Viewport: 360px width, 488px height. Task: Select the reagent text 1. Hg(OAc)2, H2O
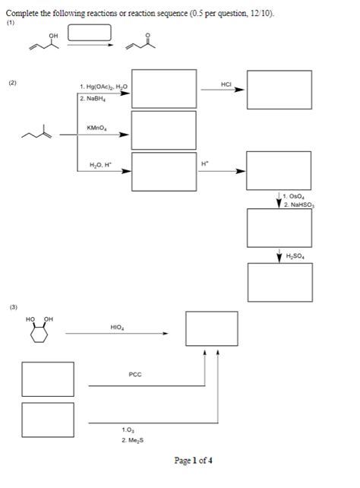coord(103,87)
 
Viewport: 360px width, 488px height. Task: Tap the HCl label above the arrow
coord(226,82)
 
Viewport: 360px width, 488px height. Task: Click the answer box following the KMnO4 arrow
coord(163,130)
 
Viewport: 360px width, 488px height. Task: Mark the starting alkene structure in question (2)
coord(36,135)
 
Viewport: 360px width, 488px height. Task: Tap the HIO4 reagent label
coord(117,328)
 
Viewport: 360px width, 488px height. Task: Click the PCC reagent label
coord(135,375)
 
